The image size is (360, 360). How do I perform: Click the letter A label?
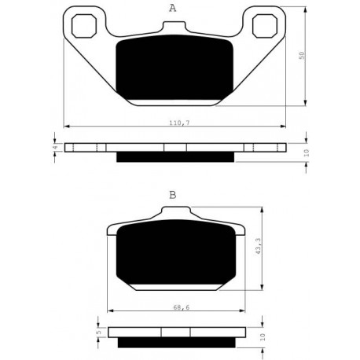pyautogui.click(x=172, y=8)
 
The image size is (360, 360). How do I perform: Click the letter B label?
pyautogui.click(x=173, y=195)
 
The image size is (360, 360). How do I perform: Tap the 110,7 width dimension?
pyautogui.click(x=179, y=123)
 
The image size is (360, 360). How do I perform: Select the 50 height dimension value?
pyautogui.click(x=302, y=55)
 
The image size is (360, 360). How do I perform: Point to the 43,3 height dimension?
pyautogui.click(x=259, y=246)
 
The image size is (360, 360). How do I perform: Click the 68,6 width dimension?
pyautogui.click(x=182, y=307)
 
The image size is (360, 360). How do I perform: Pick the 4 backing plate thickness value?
pyautogui.click(x=55, y=148)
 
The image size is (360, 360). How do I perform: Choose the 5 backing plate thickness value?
pyautogui.click(x=98, y=332)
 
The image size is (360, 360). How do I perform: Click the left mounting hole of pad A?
pyautogui.click(x=84, y=26)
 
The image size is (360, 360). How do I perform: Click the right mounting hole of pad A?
pyautogui.click(x=265, y=26)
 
